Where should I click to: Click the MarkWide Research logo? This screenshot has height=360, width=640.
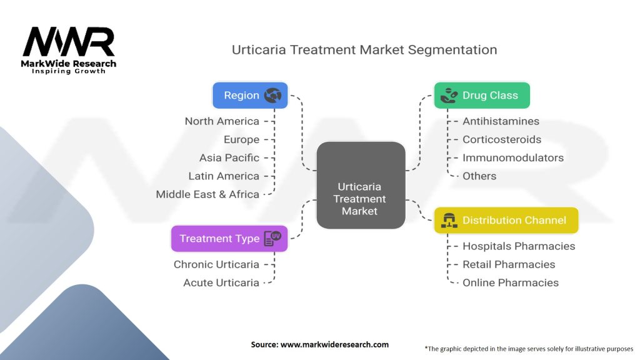pyautogui.click(x=69, y=49)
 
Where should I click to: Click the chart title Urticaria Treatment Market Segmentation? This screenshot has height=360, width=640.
pyautogui.click(x=364, y=50)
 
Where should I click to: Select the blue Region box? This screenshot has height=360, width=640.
pyautogui.click(x=250, y=96)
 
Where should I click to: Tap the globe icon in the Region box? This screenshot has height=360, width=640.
pyautogui.click(x=272, y=96)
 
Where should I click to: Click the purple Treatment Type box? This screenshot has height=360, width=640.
pyautogui.click(x=229, y=238)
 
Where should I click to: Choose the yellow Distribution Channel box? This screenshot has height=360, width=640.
pyautogui.click(x=506, y=220)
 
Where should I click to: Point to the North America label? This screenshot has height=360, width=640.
pyautogui.click(x=222, y=121)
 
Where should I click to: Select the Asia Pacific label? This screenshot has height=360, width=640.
pyautogui.click(x=229, y=157)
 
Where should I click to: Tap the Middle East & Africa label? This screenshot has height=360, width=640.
pyautogui.click(x=207, y=194)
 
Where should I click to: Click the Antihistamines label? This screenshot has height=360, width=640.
pyautogui.click(x=501, y=121)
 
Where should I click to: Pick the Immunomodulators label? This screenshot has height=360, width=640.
pyautogui.click(x=513, y=157)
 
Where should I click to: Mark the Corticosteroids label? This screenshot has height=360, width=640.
pyautogui.click(x=502, y=139)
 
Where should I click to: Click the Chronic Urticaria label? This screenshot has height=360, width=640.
pyautogui.click(x=216, y=264)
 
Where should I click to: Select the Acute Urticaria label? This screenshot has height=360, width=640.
pyautogui.click(x=221, y=282)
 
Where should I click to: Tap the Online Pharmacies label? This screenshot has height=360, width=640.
pyautogui.click(x=511, y=282)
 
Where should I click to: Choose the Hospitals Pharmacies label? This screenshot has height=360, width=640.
pyautogui.click(x=519, y=246)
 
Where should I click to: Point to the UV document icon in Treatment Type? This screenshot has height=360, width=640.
pyautogui.click(x=272, y=238)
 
